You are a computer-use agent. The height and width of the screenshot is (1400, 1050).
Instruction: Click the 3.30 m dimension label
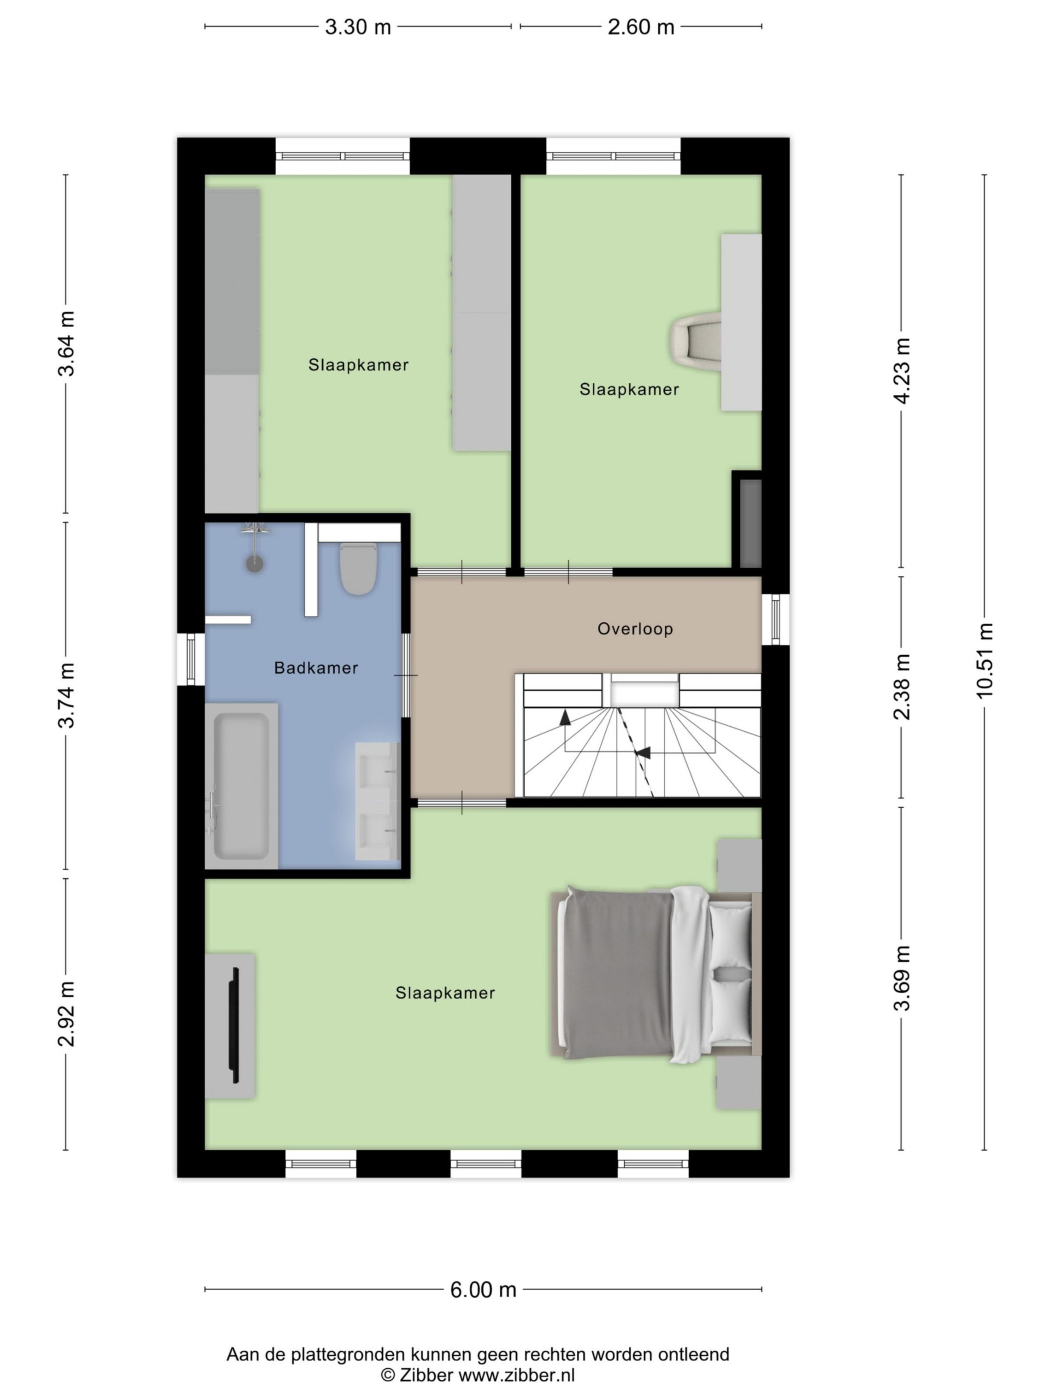point(358,27)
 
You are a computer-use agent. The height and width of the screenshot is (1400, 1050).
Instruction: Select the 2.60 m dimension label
point(640,27)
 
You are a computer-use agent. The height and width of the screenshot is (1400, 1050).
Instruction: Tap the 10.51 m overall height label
point(984,660)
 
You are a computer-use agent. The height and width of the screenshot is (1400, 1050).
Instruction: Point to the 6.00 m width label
point(483,1289)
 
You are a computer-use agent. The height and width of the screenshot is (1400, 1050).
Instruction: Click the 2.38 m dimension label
point(901,687)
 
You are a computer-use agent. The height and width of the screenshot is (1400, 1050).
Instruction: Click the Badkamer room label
point(316,668)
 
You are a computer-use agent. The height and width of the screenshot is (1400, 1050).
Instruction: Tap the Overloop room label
point(635,628)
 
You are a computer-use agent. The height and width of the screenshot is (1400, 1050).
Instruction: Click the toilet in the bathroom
point(358,568)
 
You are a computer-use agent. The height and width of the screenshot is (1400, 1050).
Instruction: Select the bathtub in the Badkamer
point(241,785)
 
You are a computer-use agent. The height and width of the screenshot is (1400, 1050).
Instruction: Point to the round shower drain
point(254,563)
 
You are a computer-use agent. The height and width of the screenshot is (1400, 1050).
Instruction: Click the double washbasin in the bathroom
point(377,801)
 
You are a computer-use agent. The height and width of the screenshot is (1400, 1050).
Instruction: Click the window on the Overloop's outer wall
point(775,620)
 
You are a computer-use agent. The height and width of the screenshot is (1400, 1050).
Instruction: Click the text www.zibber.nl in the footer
point(516,1375)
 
